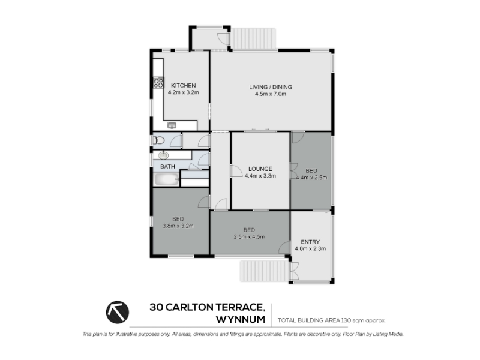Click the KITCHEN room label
[x=184, y=86]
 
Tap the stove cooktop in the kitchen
[x=158, y=83]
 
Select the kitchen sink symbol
[x=172, y=125]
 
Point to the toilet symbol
[x=158, y=140]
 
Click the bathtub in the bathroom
[x=167, y=179]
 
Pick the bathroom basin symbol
[x=163, y=155]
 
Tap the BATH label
[x=168, y=167]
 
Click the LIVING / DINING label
[x=271, y=87]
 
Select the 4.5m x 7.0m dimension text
[x=271, y=94]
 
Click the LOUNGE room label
[x=260, y=169]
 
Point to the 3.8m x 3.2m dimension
[x=178, y=226]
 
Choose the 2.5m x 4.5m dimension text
[x=249, y=236]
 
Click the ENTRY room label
[x=310, y=242]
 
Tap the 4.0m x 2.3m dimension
[x=310, y=248]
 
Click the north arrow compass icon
[x=118, y=312]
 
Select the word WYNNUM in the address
[x=241, y=319]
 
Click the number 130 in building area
[x=346, y=320]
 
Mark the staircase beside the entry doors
[x=264, y=271]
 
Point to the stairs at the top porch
[x=253, y=38]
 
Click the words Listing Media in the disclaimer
[x=388, y=334]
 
